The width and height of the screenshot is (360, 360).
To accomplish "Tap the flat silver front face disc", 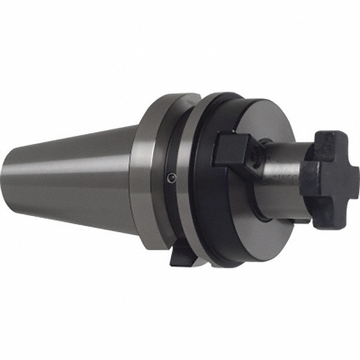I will (264, 126).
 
